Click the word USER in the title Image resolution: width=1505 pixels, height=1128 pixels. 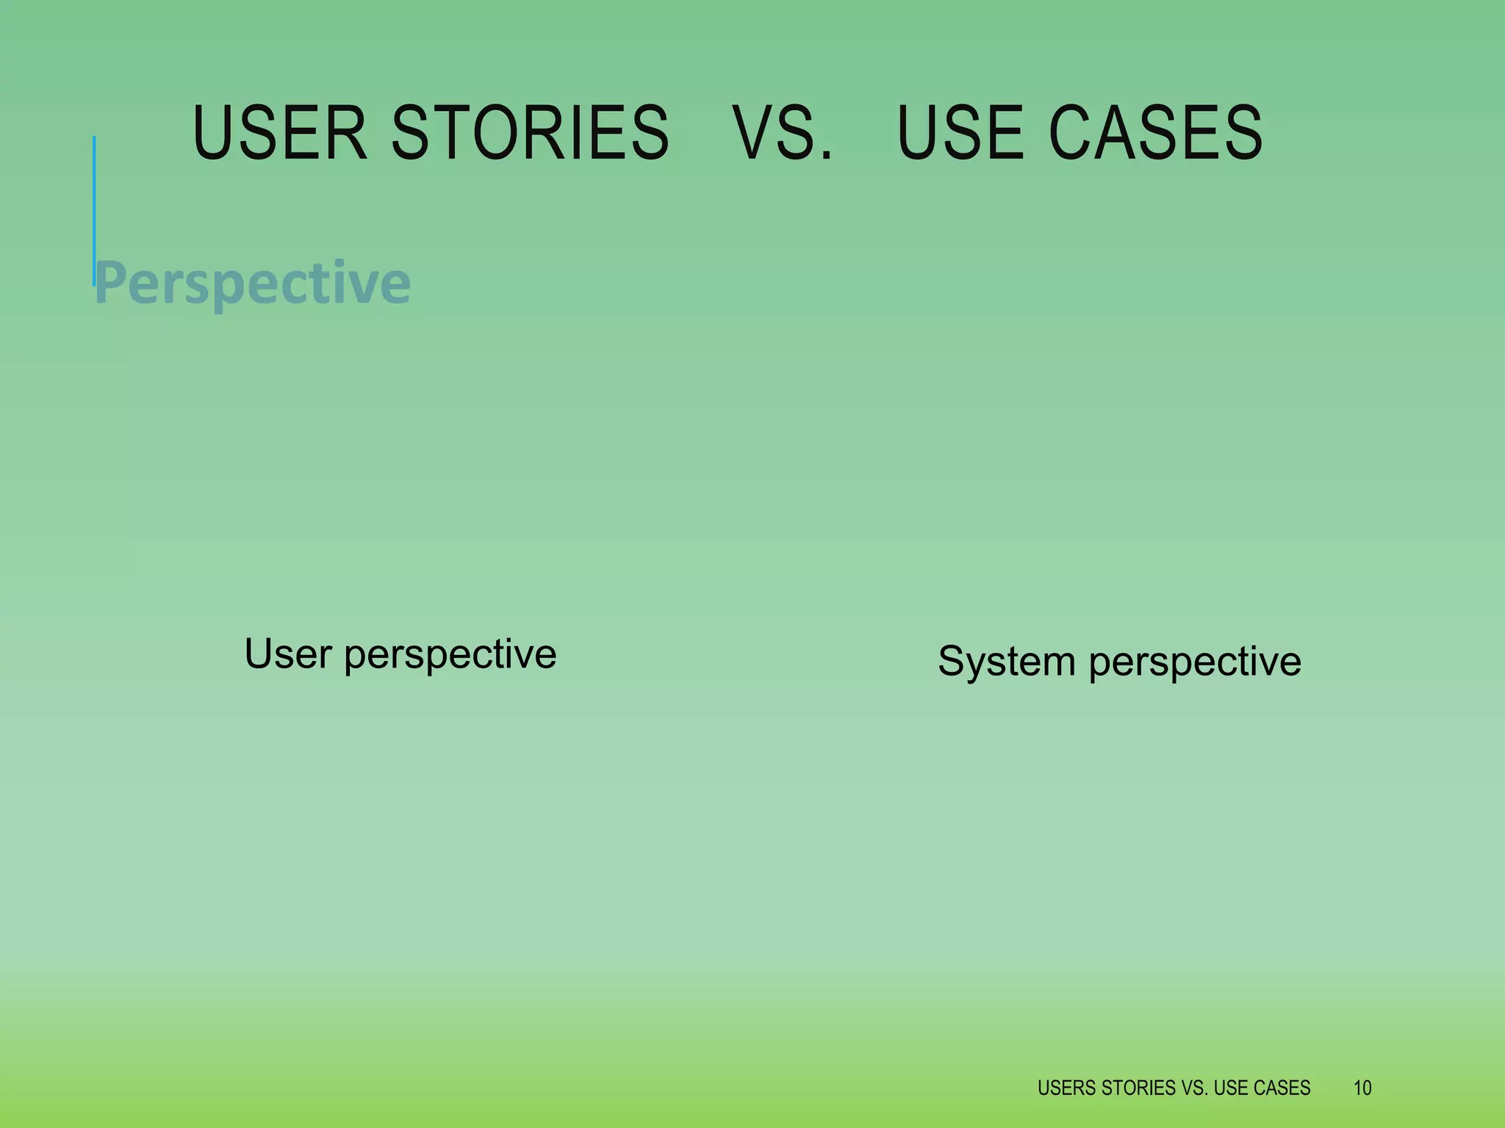pyautogui.click(x=279, y=133)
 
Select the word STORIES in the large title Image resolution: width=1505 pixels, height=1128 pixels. pyautogui.click(x=530, y=133)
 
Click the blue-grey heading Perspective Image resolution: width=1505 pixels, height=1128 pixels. pyautogui.click(x=253, y=283)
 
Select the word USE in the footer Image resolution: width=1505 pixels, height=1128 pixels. pyautogui.click(x=1229, y=1088)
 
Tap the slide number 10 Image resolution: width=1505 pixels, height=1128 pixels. pyautogui.click(x=1362, y=1088)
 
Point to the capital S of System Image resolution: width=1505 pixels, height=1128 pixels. pyautogui.click(x=952, y=661)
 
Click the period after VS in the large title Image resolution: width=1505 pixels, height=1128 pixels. pyautogui.click(x=827, y=155)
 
